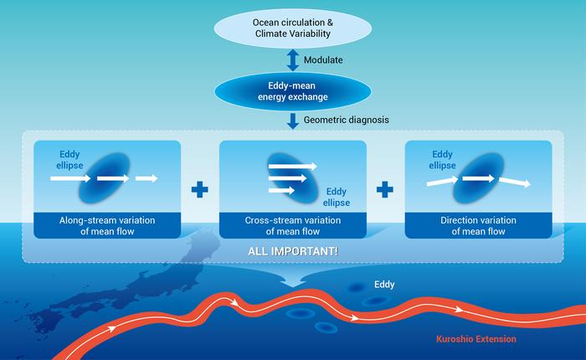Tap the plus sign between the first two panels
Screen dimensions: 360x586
pos(199,190)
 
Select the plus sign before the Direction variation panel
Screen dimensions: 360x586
pos(385,190)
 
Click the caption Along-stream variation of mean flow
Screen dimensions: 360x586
pos(107,225)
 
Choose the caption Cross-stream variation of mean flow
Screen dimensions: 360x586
pos(293,225)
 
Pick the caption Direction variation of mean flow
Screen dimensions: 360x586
pos(478,225)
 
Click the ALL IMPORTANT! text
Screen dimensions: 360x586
pos(292,250)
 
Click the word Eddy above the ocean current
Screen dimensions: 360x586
pos(384,285)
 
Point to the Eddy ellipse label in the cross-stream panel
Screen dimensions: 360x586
pos(337,196)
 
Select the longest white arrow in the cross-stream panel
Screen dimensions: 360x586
pos(292,167)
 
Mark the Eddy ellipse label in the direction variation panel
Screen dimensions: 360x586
pos(443,158)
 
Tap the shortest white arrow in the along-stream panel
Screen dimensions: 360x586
pos(146,177)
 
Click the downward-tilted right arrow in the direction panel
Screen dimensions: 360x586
pos(515,181)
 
